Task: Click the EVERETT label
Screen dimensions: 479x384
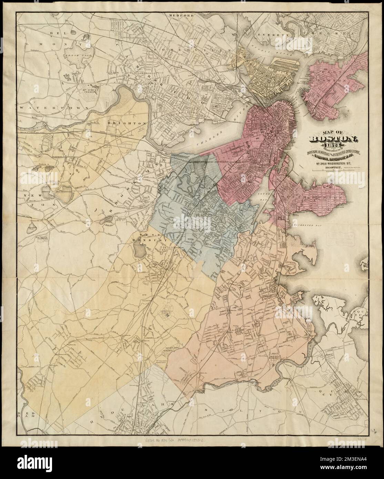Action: point(270,35)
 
